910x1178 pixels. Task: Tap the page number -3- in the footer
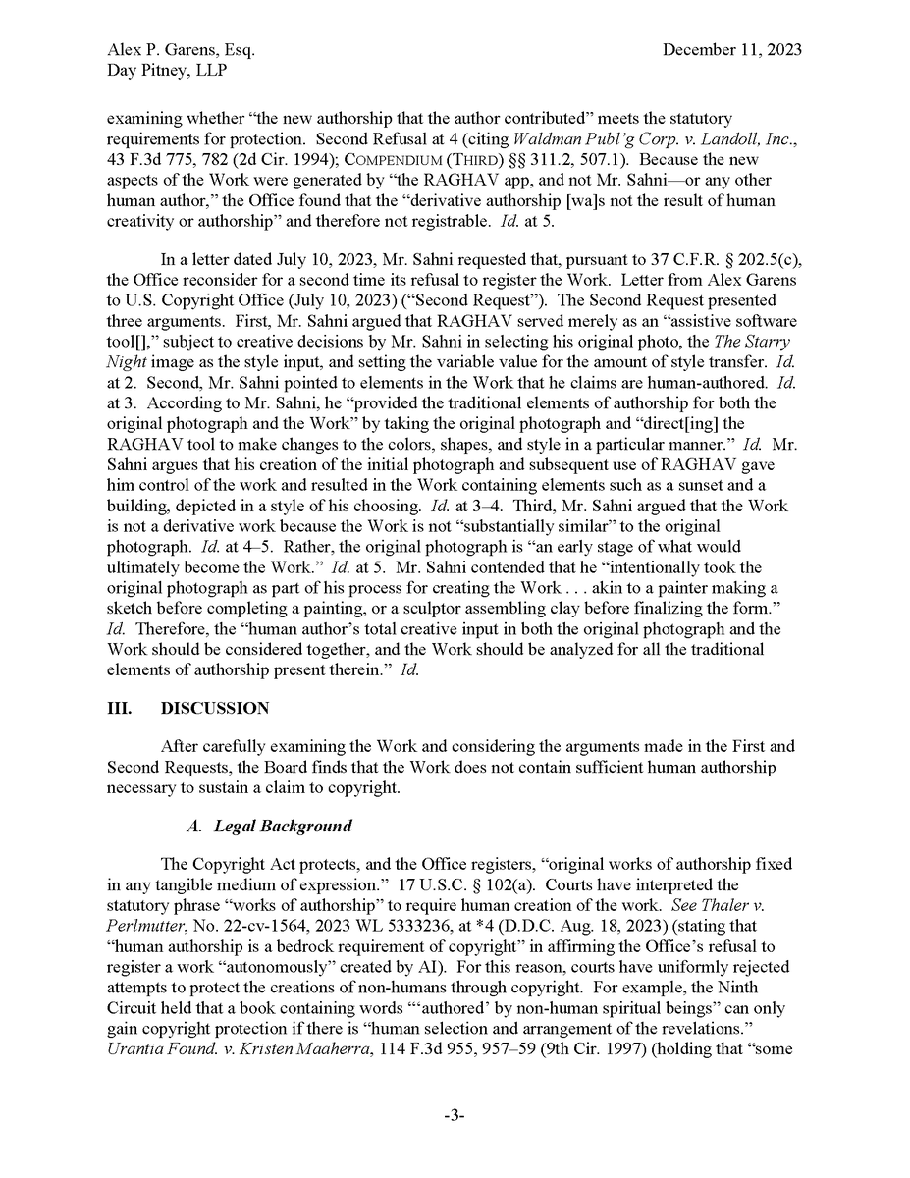click(454, 1115)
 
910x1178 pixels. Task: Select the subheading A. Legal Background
click(269, 826)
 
